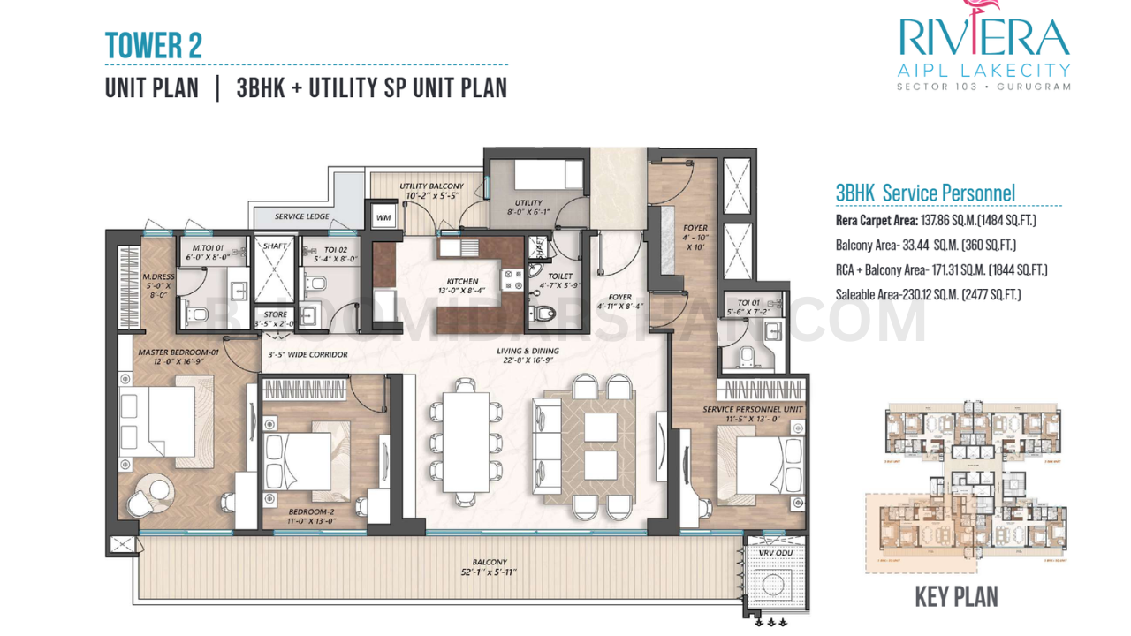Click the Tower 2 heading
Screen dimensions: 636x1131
[x=153, y=46]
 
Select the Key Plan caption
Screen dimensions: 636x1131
[x=956, y=597]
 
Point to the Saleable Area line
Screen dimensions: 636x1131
[x=928, y=294]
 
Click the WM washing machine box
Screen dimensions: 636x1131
[x=383, y=216]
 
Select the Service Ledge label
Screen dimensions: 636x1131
[x=302, y=216]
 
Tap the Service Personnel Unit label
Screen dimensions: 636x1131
[x=752, y=414]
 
